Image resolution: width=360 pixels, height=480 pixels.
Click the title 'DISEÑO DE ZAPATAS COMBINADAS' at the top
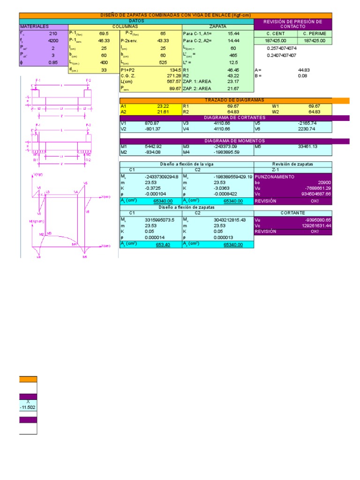tap(175, 15)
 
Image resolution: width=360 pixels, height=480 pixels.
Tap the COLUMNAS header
tap(125, 27)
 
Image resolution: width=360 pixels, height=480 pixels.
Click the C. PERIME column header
tap(315, 34)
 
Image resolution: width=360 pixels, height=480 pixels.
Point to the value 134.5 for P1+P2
tap(174, 69)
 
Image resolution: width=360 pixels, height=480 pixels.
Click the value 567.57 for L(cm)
tap(173, 82)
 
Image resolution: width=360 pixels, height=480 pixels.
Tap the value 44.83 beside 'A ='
tap(304, 69)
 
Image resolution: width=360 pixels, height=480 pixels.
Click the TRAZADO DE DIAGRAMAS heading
tap(234, 100)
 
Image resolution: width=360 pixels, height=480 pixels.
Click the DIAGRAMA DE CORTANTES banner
tap(234, 118)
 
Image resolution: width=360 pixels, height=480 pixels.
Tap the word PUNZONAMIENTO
tap(275, 177)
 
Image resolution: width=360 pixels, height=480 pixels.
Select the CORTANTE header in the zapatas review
tap(293, 213)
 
